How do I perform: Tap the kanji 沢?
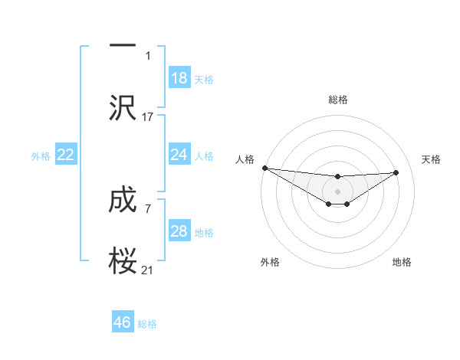tap(123, 107)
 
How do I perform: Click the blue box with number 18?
tap(179, 78)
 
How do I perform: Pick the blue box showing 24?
tap(179, 155)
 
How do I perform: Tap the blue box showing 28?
tap(179, 231)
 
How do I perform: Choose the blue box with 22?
tap(66, 155)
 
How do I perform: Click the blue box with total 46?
tap(123, 322)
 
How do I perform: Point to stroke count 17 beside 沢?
tap(148, 117)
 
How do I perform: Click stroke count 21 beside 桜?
tap(148, 270)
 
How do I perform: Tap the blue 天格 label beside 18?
tap(204, 79)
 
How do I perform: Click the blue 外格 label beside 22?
tap(41, 155)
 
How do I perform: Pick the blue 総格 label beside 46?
tap(147, 323)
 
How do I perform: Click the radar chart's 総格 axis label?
tap(337, 100)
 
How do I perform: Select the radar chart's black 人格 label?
tap(245, 159)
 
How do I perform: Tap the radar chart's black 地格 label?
tap(402, 262)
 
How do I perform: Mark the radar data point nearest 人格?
tap(264, 168)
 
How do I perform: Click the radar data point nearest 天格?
tap(396, 172)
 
